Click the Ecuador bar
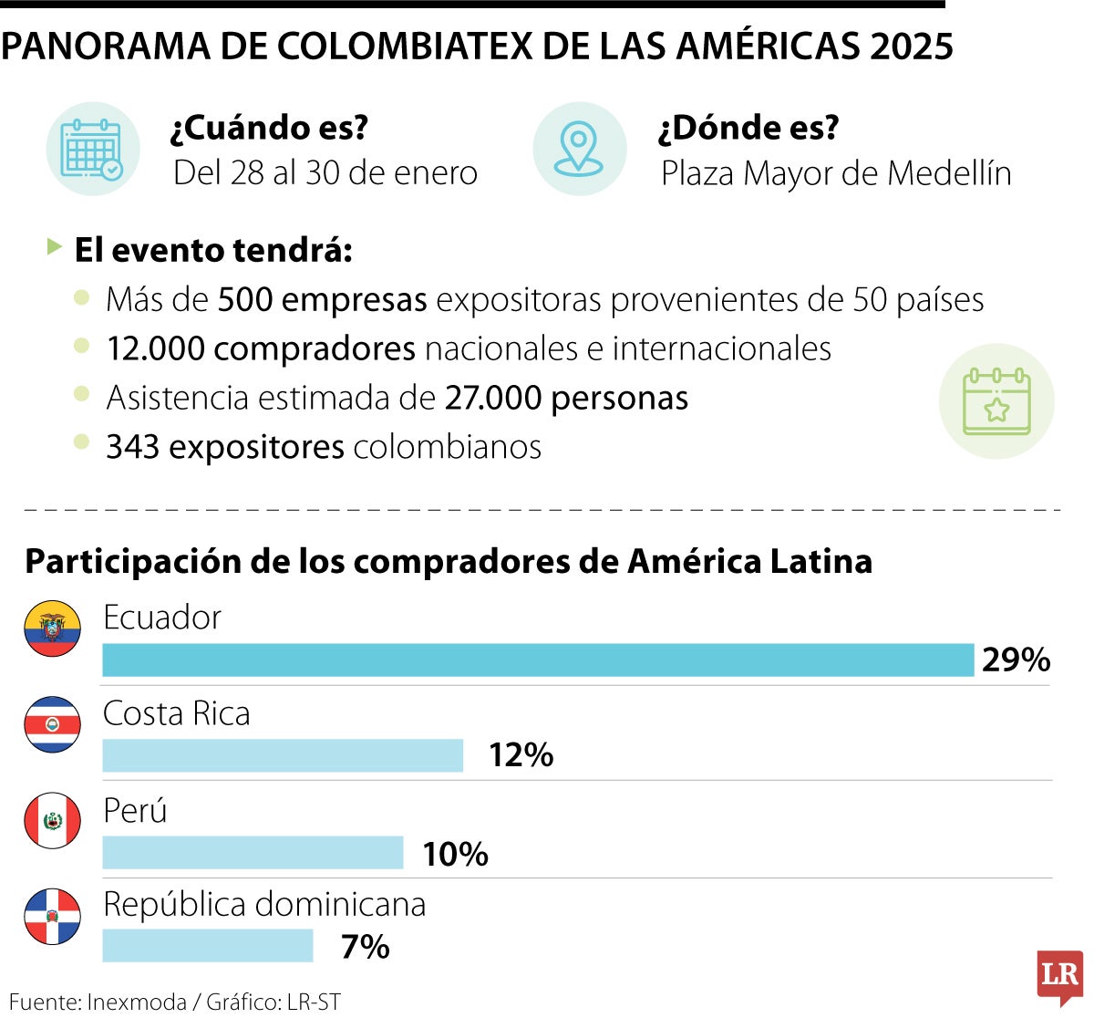click(x=538, y=660)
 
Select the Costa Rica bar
click(x=283, y=756)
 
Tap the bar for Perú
click(x=253, y=853)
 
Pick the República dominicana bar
click(x=208, y=946)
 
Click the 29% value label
click(x=1016, y=660)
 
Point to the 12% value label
click(x=521, y=756)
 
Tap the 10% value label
click(x=455, y=855)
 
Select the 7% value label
click(x=365, y=948)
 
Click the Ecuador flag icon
click(x=53, y=628)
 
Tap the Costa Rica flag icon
click(x=53, y=724)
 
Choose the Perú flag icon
click(x=53, y=820)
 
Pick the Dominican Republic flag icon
click(x=53, y=916)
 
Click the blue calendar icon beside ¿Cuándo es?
click(x=92, y=149)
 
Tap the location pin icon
click(x=579, y=149)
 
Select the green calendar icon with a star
click(x=996, y=401)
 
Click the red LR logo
click(x=1059, y=976)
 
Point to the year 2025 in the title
click(x=911, y=47)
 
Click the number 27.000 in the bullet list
click(x=493, y=398)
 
